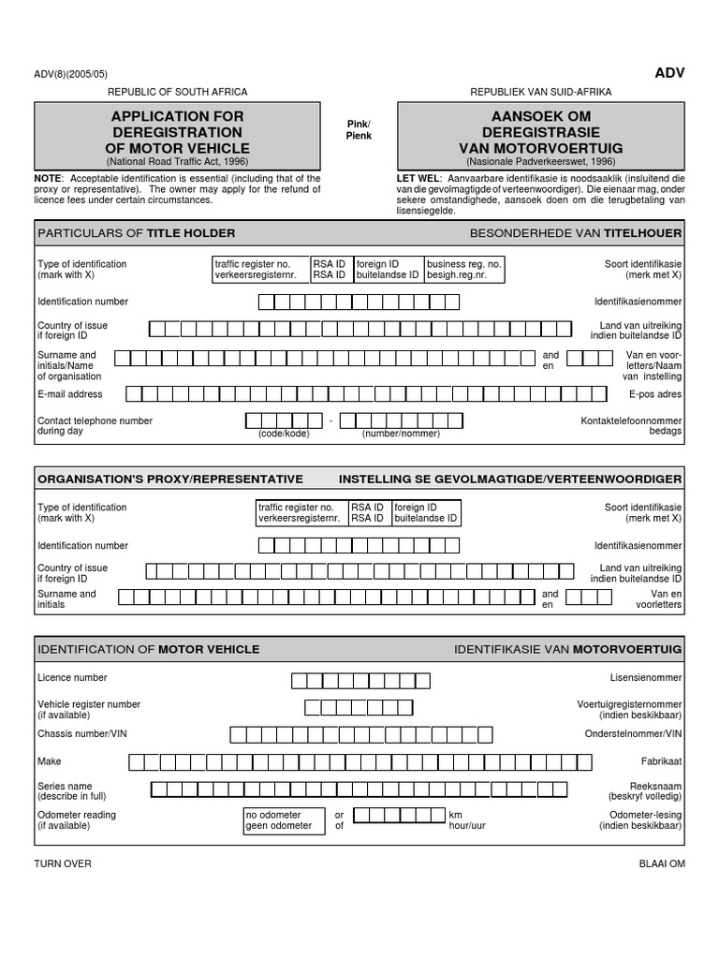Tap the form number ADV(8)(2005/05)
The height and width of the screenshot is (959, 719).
pos(72,74)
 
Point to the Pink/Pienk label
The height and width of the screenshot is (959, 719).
pos(359,130)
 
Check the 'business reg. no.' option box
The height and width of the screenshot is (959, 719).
pos(464,270)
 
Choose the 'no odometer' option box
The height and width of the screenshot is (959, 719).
pos(279,820)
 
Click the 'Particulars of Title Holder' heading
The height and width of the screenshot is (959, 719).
pos(137,233)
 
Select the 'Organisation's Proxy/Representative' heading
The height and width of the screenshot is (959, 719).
pos(170,479)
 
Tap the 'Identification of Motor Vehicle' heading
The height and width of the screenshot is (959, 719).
pos(149,649)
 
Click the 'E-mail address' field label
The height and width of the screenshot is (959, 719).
pos(70,394)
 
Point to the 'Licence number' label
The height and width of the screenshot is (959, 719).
pos(72,677)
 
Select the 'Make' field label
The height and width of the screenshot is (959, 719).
pos(49,761)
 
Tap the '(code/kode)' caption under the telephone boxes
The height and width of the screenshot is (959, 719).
pos(284,434)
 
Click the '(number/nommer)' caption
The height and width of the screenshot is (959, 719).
pos(401,434)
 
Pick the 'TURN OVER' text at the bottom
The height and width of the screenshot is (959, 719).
pos(63,863)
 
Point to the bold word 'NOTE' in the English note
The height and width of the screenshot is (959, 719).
pos(48,178)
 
